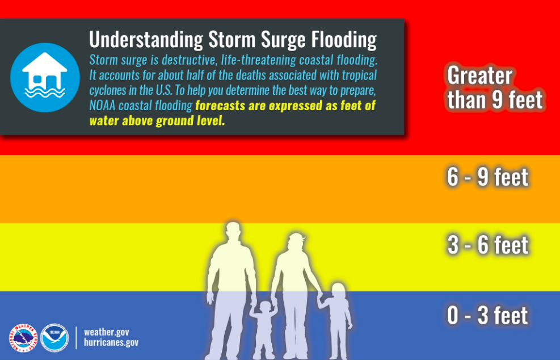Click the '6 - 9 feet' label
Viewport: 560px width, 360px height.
click(x=487, y=177)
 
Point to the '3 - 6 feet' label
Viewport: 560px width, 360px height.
click(x=487, y=245)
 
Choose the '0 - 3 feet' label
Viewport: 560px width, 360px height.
click(x=487, y=316)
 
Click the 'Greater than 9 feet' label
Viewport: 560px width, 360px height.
click(x=494, y=88)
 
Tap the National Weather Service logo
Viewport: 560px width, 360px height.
click(x=23, y=338)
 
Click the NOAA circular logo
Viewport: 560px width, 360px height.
click(x=54, y=338)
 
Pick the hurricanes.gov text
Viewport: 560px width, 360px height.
click(x=111, y=342)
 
